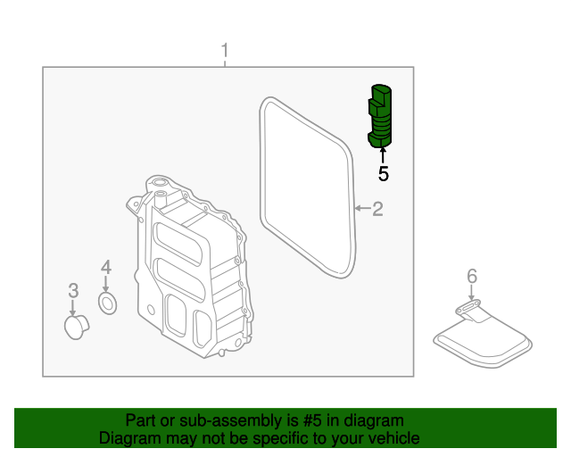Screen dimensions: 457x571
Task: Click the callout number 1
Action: pos(225,51)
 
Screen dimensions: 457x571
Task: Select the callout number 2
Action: pos(377,209)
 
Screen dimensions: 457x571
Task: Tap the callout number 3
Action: pos(73,289)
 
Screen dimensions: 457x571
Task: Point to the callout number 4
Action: pos(105,266)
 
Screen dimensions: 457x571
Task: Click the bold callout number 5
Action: pos(384,173)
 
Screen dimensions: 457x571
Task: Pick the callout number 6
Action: pos(472,277)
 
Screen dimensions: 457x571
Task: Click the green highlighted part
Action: pos(382,114)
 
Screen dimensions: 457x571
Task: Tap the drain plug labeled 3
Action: pos(73,326)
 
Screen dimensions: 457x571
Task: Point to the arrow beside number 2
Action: pos(360,209)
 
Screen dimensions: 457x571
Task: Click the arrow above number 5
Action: pos(384,155)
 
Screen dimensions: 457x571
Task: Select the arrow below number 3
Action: pos(73,305)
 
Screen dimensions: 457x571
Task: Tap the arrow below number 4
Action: pos(105,284)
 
